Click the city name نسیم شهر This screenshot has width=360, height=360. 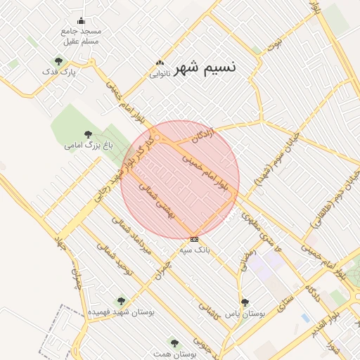coord(210,67)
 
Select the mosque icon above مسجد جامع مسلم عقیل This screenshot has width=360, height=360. coord(82,20)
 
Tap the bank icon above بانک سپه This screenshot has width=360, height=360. coord(195,239)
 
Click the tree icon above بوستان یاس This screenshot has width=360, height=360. coord(245,302)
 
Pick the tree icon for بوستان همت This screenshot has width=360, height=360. coord(174,343)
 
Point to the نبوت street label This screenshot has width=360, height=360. coord(273,44)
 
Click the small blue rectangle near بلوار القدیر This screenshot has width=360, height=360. coord(305,318)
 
